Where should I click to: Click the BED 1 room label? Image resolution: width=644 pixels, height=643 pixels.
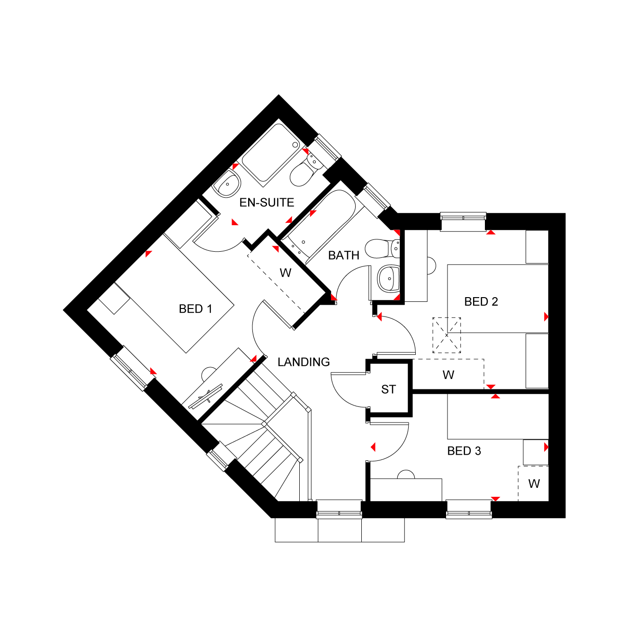(195, 309)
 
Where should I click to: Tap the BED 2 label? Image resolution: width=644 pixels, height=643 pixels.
(481, 302)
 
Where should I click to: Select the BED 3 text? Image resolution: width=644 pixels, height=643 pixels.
(464, 451)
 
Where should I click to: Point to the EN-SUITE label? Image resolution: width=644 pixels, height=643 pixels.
(267, 203)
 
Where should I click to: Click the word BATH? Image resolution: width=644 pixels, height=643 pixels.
(344, 255)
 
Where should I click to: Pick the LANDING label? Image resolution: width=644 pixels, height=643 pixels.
(304, 362)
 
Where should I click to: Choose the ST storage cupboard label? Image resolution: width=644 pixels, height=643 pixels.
(388, 389)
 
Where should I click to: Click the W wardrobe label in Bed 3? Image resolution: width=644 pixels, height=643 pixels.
(534, 484)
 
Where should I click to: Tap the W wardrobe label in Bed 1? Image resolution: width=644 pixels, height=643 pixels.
(285, 273)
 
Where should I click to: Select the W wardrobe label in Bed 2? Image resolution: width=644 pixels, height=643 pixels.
(448, 375)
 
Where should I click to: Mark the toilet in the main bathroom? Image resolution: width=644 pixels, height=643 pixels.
(381, 248)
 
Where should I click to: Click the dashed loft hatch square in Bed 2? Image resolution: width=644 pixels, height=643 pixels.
(447, 335)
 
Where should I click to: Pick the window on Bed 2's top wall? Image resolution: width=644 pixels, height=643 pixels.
(463, 221)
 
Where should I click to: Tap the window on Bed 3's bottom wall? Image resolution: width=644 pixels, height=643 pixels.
(469, 509)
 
